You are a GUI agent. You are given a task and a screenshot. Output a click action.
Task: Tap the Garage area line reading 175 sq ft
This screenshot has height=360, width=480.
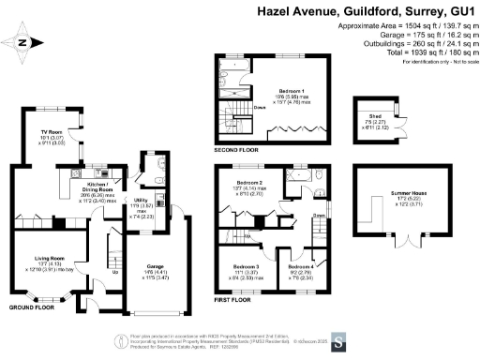pos(423,30)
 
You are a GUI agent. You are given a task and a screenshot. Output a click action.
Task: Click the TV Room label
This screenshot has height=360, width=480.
pos(51,132)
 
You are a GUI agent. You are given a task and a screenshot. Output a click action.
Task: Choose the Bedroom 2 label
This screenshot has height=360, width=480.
pos(248,181)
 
